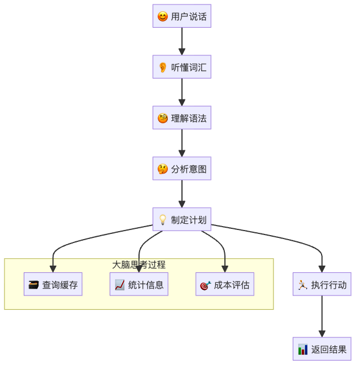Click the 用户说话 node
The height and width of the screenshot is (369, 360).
(181, 16)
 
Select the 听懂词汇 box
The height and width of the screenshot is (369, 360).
(181, 67)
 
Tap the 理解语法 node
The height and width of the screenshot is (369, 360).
(181, 118)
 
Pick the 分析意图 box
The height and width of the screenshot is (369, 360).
(181, 168)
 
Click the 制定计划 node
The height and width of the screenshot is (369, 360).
(181, 219)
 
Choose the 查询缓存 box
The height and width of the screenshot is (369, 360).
(53, 284)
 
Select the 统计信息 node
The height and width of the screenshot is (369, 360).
(139, 284)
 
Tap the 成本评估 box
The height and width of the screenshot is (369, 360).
(225, 284)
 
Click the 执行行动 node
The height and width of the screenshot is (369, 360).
(322, 284)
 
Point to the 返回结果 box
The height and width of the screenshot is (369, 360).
(322, 349)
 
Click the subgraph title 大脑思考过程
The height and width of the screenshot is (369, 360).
(138, 264)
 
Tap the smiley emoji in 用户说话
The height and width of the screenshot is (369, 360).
(163, 16)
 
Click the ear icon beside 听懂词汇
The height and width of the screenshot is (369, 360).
(163, 67)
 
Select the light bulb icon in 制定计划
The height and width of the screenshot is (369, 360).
(163, 220)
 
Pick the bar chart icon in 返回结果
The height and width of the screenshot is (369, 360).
(303, 349)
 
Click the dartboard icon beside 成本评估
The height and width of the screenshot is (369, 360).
(205, 285)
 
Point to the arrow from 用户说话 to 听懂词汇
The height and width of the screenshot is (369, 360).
(181, 41)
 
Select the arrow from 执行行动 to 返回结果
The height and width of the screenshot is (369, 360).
(322, 316)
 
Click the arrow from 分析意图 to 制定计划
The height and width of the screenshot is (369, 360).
(181, 194)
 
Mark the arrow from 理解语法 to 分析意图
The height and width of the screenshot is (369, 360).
(181, 143)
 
